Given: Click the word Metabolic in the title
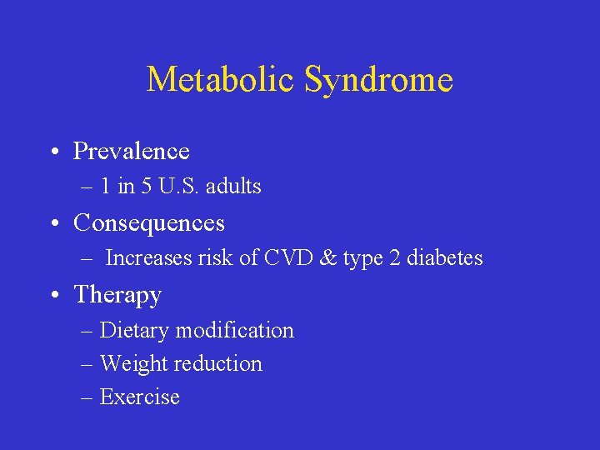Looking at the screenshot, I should point(221,80).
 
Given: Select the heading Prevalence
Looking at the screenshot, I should point(132,151).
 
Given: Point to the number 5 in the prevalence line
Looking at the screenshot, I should point(147,187).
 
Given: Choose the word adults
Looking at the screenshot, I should point(232,187).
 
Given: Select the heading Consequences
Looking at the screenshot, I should point(149,223).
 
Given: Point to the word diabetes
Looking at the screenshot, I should point(445,258).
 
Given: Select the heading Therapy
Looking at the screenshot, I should point(117,295).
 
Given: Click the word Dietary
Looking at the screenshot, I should point(132,331).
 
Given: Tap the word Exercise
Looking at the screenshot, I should point(139,397).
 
